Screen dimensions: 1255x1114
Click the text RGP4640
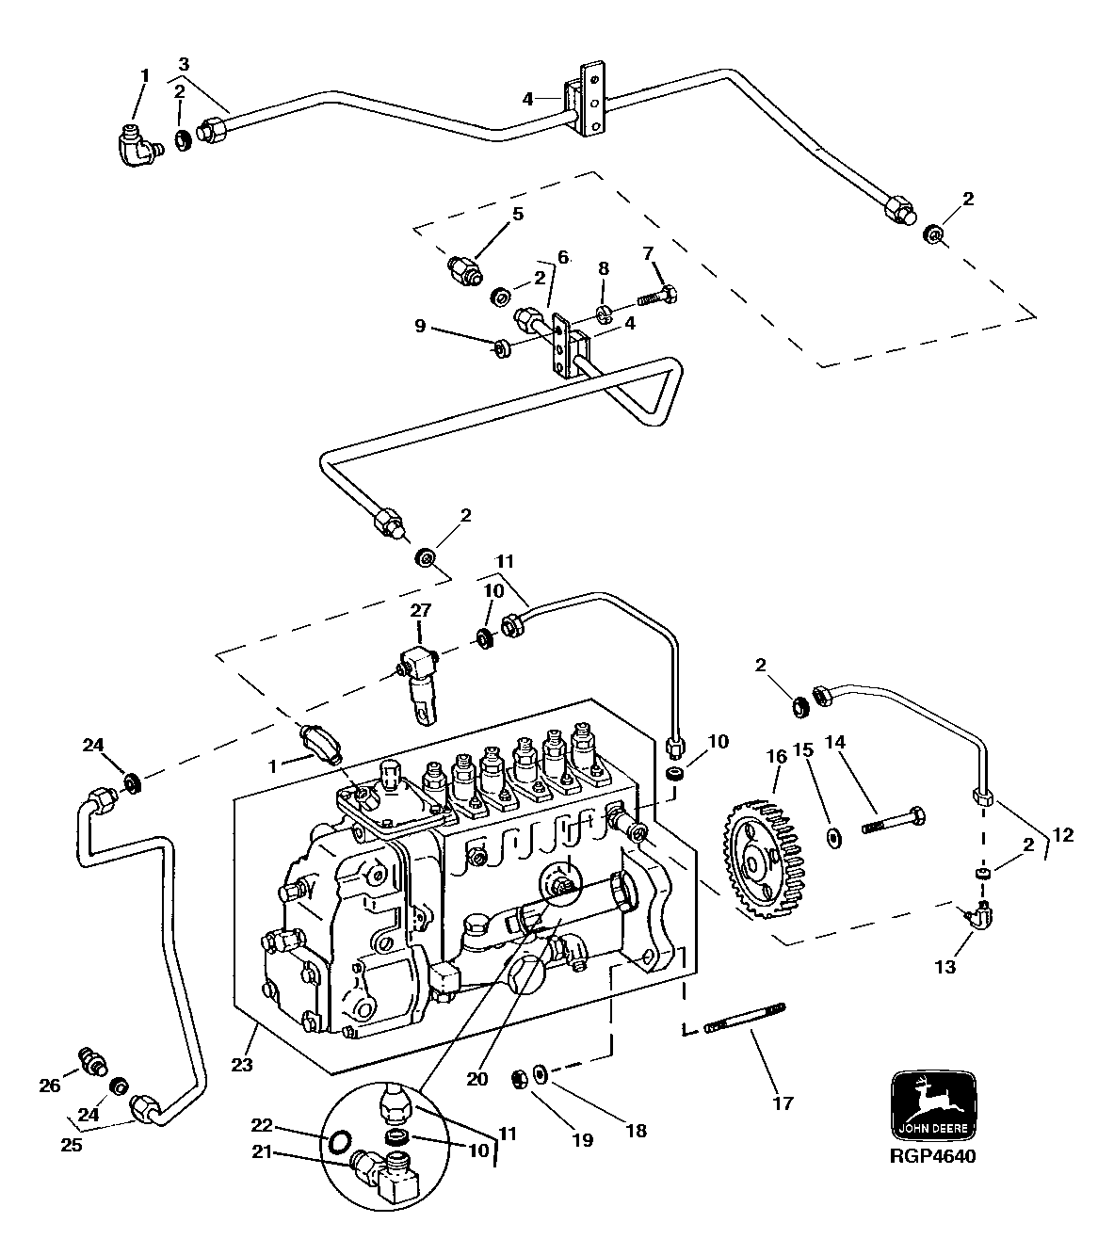pyautogui.click(x=931, y=1157)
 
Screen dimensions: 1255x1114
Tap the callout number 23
pyautogui.click(x=244, y=1066)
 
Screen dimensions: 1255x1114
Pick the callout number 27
pyautogui.click(x=420, y=610)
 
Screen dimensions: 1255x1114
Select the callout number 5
pyautogui.click(x=517, y=214)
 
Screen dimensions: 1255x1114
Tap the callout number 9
pyautogui.click(x=421, y=327)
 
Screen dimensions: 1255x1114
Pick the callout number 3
pyautogui.click(x=183, y=64)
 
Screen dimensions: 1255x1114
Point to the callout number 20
pyautogui.click(x=477, y=1079)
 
